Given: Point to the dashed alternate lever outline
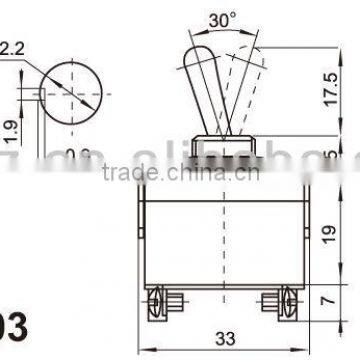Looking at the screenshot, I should tap(242, 85).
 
